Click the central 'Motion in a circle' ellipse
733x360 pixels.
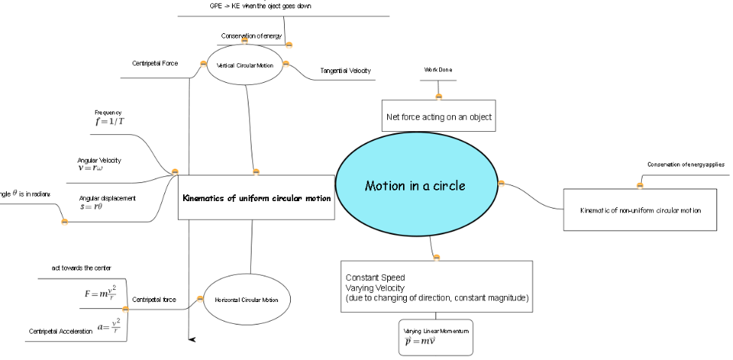[x=415, y=186]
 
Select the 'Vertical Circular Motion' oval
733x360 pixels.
[x=244, y=66]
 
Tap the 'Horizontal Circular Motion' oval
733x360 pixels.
[x=246, y=300]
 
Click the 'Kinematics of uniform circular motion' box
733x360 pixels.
[x=256, y=198]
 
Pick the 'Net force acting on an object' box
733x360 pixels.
[x=438, y=117]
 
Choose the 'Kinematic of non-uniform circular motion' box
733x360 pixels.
[x=640, y=210]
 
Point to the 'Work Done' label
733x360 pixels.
[x=438, y=69]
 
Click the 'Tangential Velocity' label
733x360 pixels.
[x=345, y=71]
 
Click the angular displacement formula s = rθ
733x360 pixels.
[x=91, y=206]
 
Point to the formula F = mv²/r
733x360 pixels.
[x=100, y=292]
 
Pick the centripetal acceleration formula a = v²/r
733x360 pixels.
[x=108, y=327]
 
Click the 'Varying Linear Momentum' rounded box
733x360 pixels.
[x=436, y=337]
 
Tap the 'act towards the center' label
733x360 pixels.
[x=81, y=267]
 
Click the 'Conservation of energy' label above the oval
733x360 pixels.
[x=251, y=36]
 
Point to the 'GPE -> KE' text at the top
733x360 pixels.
[x=260, y=6]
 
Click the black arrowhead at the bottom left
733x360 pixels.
[x=192, y=340]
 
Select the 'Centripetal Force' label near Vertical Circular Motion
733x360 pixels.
[x=155, y=63]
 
